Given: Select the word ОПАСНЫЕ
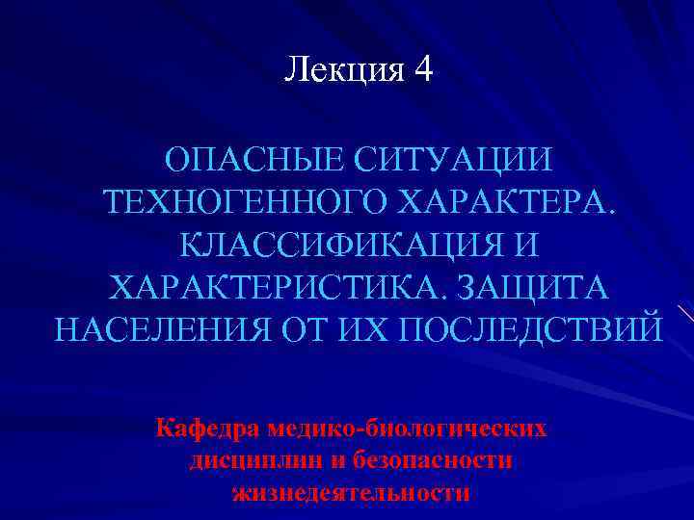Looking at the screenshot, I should (246, 159).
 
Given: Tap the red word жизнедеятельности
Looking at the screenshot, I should (351, 493).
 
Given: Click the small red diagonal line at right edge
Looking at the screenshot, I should (685, 314).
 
